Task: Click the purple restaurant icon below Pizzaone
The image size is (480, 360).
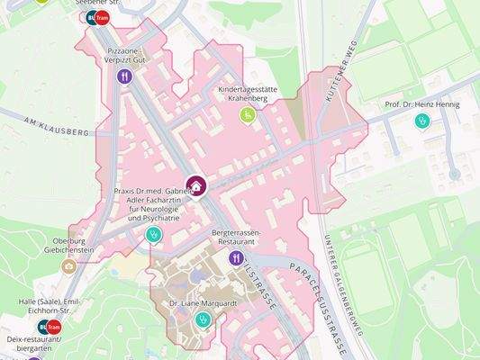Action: [125, 76]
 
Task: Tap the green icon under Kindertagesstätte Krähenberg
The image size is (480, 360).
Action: [245, 114]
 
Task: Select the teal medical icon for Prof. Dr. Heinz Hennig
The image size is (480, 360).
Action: [421, 121]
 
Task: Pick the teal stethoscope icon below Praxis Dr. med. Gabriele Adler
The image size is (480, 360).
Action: [154, 235]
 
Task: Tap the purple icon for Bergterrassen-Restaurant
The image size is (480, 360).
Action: [236, 258]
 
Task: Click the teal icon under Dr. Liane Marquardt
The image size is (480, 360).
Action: [201, 318]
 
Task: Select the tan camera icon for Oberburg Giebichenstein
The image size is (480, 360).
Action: [68, 266]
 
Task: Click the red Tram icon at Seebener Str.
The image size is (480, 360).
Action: [102, 17]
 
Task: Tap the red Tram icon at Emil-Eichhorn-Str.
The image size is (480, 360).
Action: [53, 326]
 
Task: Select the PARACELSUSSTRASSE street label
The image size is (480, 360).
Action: [319, 297]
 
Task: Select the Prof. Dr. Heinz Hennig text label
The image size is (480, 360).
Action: [421, 104]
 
